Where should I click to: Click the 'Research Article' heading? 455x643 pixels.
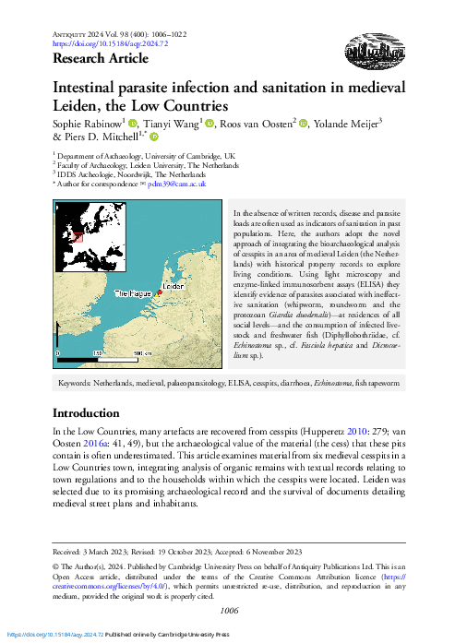101,59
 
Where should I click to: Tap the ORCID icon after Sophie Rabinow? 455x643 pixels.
133,124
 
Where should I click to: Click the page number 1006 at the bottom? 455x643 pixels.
227,610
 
